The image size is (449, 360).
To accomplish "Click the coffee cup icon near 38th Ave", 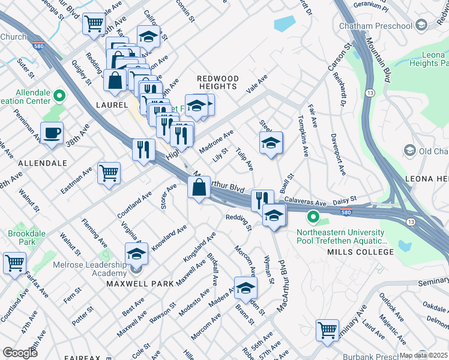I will (52, 133).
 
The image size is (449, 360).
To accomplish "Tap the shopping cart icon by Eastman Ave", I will (109, 173).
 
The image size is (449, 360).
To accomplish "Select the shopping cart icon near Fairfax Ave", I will (14, 262).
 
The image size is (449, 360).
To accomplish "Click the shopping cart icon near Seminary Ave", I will (327, 330).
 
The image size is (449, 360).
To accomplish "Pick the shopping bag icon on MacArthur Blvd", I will (199, 188).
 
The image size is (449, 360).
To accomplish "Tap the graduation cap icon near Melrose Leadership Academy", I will (136, 254).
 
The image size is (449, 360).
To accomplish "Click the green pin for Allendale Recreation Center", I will (59, 95).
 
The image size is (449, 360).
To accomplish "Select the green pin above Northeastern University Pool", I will (313, 217).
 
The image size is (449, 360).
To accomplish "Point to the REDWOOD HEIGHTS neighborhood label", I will (218, 83).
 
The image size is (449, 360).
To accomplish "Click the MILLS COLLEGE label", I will (360, 252).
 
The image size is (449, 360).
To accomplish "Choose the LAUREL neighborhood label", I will (111, 105).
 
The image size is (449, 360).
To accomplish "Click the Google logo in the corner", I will (20, 352).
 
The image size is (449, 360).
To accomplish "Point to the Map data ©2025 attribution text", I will (423, 355).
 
